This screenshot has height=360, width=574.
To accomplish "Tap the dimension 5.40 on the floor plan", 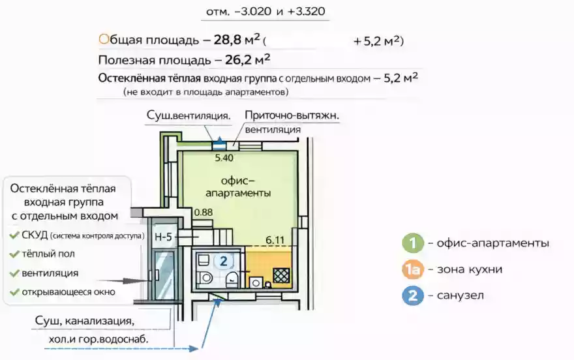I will pos(224,157).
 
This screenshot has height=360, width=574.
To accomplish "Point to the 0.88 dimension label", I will pos(204,211).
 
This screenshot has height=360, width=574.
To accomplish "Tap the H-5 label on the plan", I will pos(162,237).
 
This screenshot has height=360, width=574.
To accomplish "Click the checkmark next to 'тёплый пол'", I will pos(14,254).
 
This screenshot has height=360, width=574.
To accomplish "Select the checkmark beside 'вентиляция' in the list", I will pos(14,273).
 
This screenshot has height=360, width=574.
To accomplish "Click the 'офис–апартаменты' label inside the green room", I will pos(238,187).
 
